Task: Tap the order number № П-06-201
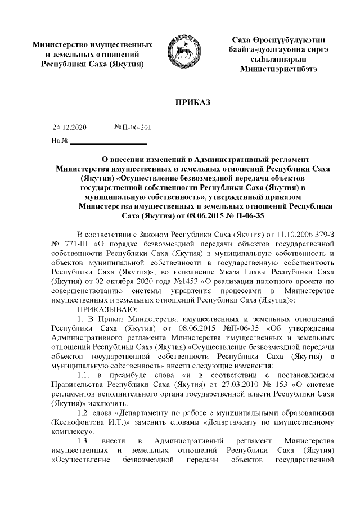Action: click(132, 128)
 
